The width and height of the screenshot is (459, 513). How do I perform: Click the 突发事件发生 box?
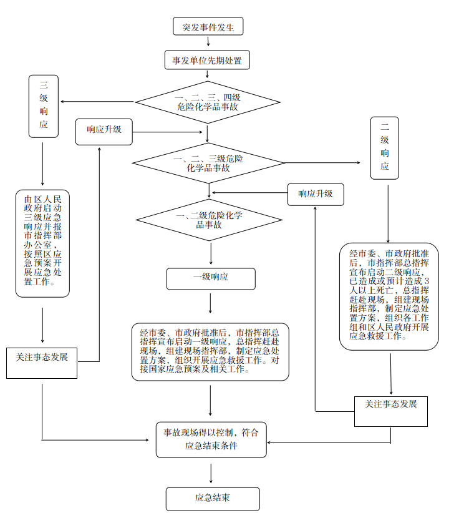208,27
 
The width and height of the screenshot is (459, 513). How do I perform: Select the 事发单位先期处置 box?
207,61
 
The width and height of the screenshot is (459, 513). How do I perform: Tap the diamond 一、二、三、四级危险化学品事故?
208,102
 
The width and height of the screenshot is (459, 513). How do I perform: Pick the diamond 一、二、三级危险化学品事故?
208,163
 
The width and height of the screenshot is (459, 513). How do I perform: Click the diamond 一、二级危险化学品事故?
208,220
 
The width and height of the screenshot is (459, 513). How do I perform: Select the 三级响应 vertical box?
43,106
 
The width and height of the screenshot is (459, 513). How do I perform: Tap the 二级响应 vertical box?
384,148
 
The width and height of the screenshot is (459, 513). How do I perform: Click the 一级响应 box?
211,278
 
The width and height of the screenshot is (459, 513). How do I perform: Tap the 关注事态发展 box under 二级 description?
391,411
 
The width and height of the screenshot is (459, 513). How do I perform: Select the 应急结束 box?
212,499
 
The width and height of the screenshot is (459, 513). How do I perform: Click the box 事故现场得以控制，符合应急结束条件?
211,439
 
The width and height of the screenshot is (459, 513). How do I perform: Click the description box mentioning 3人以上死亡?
389,295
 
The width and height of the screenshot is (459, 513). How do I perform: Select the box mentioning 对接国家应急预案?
210,351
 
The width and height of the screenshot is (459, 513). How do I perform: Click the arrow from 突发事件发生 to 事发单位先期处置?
208,42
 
